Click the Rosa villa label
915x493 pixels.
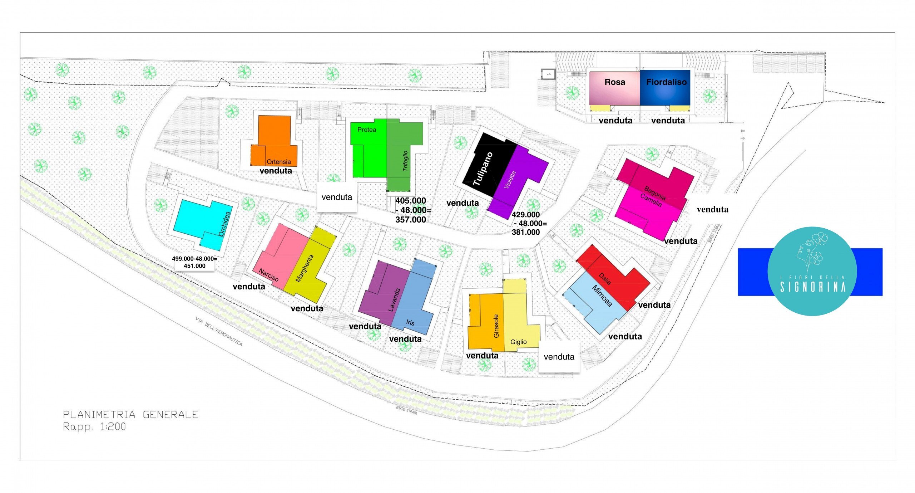tap(614, 82)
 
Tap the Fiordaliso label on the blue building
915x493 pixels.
tap(666, 82)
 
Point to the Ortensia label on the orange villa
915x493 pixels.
tap(278, 162)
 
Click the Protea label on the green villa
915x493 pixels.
tap(367, 130)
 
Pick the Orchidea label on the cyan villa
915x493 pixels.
tap(224, 224)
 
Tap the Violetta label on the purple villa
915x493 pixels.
tap(510, 180)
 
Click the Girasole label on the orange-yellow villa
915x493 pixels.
tap(496, 326)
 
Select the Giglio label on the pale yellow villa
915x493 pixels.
tap(518, 342)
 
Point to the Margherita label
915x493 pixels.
tap(305, 268)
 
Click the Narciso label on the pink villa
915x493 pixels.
tap(268, 275)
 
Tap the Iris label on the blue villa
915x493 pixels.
tap(410, 322)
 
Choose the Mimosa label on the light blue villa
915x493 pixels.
tap(602, 296)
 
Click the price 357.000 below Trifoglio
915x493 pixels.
tap(410, 220)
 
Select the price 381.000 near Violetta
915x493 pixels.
tap(525, 232)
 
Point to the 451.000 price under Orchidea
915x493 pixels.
tap(194, 266)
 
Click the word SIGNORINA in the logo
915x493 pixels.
tap(812, 287)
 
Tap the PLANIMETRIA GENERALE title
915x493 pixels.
tap(130, 415)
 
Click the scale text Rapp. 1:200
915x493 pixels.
tap(94, 426)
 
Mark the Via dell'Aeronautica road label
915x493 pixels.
tap(219, 331)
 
